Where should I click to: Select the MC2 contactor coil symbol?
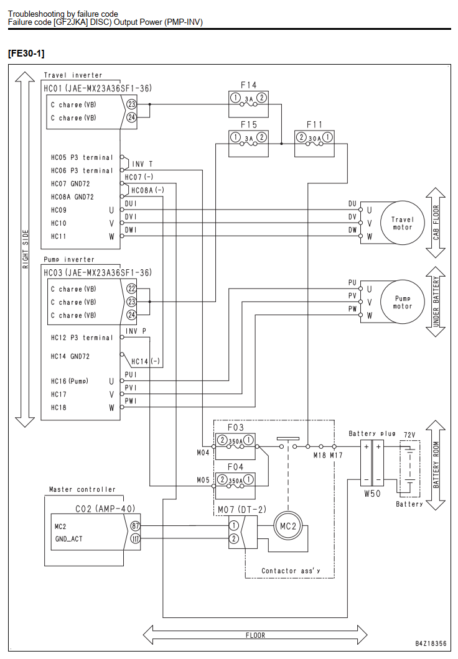(288, 526)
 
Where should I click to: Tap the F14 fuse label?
(248, 85)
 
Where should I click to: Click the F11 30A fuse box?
(315, 144)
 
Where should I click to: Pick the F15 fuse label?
(248, 125)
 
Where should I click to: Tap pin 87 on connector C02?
(135, 526)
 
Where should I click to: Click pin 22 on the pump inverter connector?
(132, 288)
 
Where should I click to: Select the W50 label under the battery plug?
(372, 494)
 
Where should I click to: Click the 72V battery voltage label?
(409, 435)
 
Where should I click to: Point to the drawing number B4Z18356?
(431, 643)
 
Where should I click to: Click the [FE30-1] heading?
(26, 53)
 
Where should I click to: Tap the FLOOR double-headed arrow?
(255, 635)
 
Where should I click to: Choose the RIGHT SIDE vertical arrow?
(25, 249)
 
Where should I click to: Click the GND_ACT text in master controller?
(69, 539)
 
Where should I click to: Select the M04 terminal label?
(203, 453)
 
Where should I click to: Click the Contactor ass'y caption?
(291, 571)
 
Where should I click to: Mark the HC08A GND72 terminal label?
(72, 196)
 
